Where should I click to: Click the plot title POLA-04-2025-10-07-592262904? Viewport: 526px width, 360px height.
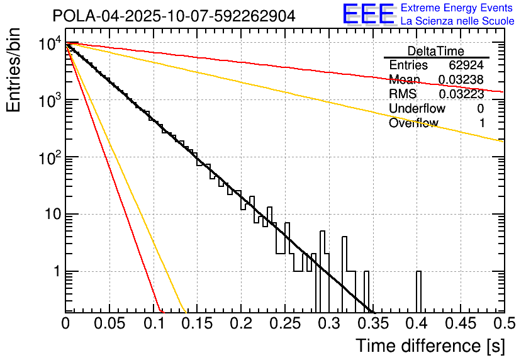point(174,16)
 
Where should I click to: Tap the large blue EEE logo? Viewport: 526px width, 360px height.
point(369,15)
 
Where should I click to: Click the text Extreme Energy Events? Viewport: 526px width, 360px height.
point(457,8)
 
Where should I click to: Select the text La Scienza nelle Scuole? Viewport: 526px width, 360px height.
point(457,21)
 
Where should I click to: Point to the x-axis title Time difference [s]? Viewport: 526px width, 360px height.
point(429,345)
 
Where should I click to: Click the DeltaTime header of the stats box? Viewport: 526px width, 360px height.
point(435,51)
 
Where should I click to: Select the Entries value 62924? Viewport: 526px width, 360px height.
point(467,65)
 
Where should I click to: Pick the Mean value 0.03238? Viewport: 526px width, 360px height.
point(461,80)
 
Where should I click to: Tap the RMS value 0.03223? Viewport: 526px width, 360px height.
point(461,94)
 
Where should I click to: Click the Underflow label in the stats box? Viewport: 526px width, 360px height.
point(417,109)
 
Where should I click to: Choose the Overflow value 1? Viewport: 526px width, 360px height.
point(482,123)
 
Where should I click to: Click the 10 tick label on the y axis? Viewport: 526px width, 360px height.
point(47,215)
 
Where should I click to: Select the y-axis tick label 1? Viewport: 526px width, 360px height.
point(55,272)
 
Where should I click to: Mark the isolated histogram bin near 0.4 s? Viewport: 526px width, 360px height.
point(418,291)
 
